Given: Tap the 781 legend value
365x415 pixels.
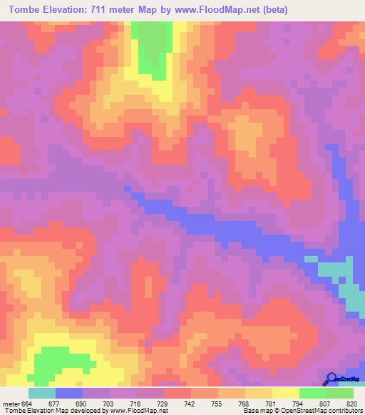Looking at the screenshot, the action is click(x=270, y=403).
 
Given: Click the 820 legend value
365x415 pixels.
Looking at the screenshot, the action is click(x=350, y=403).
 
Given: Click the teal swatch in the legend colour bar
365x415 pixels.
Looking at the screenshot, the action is click(x=41, y=393).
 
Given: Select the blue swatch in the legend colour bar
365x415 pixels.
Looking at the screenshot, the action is click(x=69, y=393).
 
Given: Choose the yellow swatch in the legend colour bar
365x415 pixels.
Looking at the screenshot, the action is click(x=285, y=393).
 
